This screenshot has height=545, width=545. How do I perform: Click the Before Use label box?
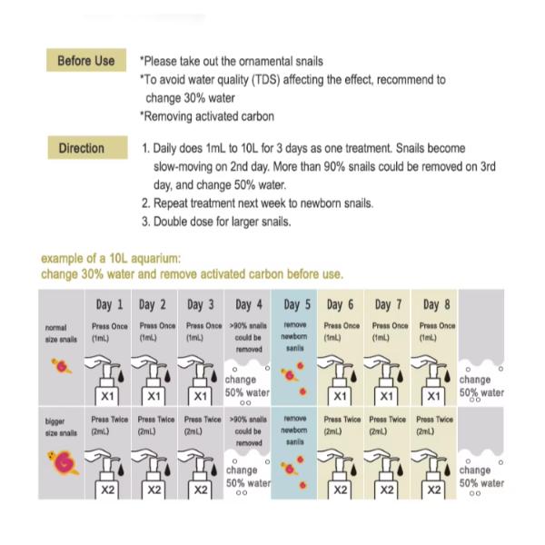(x=86, y=61)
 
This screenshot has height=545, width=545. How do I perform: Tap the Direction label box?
(x=81, y=148)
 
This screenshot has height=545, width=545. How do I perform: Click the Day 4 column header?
(x=249, y=304)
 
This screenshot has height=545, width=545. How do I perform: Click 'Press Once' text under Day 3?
(x=203, y=325)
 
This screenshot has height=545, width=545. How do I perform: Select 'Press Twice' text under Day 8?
(x=434, y=420)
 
